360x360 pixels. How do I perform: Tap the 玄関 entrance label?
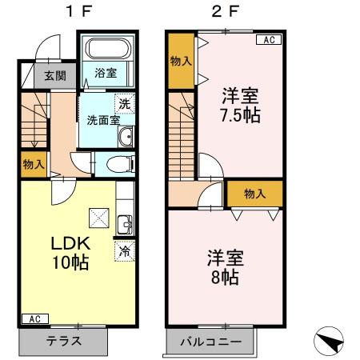[x=55, y=77]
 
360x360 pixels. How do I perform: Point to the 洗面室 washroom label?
[x=103, y=121]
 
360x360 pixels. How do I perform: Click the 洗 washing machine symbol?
[x=124, y=103]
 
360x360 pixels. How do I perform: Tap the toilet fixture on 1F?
[x=115, y=165]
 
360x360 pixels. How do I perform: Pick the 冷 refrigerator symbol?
[x=124, y=250]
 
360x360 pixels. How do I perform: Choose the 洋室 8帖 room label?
[x=225, y=268]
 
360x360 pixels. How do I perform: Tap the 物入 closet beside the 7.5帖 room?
[x=181, y=60]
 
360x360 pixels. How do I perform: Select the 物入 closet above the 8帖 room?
[x=254, y=193]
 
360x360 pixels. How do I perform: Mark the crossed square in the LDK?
[x=99, y=216]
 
